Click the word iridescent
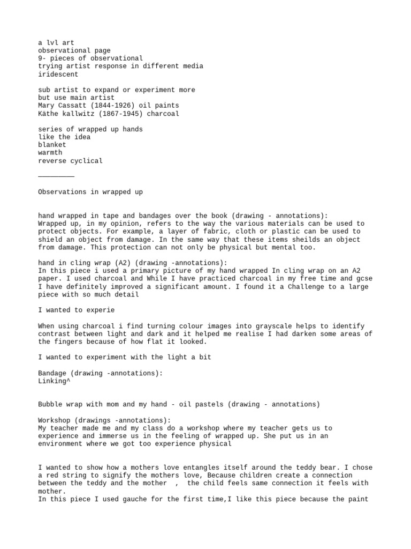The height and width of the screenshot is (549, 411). tap(58, 75)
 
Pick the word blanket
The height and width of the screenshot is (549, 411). tap(52, 145)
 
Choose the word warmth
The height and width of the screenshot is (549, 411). tap(50, 153)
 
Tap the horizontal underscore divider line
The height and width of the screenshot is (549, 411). tap(56, 176)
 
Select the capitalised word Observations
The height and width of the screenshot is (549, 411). tap(63, 191)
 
